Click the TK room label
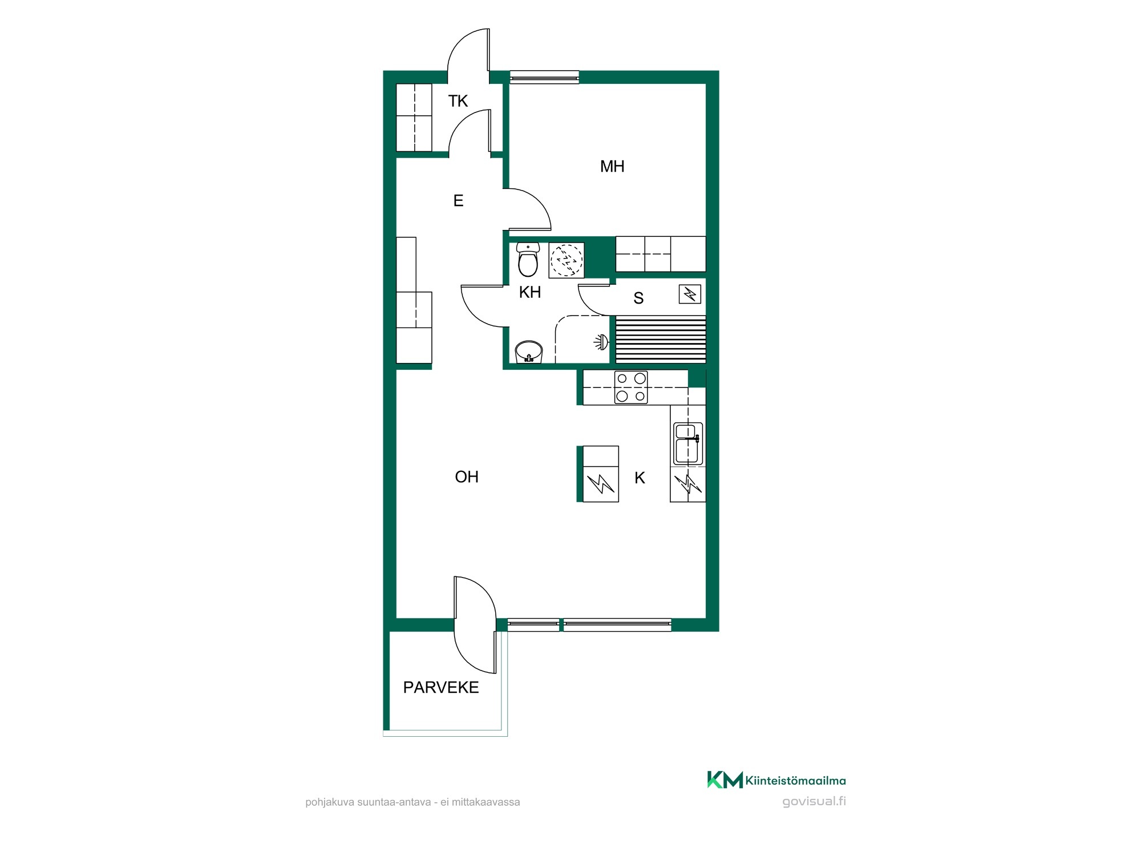[458, 101]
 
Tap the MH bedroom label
[612, 167]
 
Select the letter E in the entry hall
[458, 201]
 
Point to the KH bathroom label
[530, 292]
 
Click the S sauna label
[638, 298]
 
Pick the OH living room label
[467, 477]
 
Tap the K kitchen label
[640, 478]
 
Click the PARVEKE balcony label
[441, 688]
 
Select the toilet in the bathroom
[528, 260]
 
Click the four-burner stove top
[631, 387]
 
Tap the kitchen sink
[688, 443]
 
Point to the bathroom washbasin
[529, 352]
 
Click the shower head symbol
[602, 342]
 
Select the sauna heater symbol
[690, 294]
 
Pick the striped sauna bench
[661, 339]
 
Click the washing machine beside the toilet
[567, 260]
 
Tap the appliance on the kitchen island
[601, 474]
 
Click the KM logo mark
[725, 780]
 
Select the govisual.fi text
[814, 801]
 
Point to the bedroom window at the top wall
[544, 77]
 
